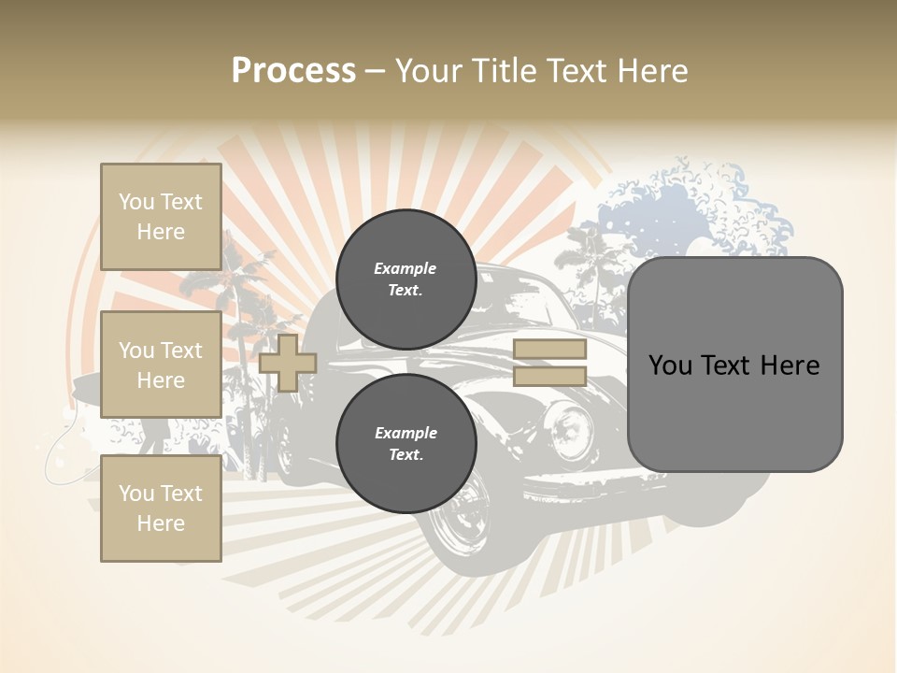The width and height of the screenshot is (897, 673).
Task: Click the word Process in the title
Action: (293, 71)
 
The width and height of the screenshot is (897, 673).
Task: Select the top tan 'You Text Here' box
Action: (161, 217)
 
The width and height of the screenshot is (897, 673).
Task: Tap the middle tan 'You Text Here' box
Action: (161, 365)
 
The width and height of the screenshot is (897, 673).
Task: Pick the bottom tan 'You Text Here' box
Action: (161, 508)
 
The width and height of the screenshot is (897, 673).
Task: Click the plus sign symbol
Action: (287, 363)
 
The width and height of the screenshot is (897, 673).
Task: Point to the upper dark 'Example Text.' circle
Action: (406, 279)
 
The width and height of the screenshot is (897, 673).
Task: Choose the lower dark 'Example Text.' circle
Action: (406, 444)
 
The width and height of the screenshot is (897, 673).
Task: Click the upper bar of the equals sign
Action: (549, 350)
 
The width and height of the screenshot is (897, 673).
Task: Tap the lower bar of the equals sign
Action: (549, 376)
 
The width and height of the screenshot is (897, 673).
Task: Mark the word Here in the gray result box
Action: (790, 365)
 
